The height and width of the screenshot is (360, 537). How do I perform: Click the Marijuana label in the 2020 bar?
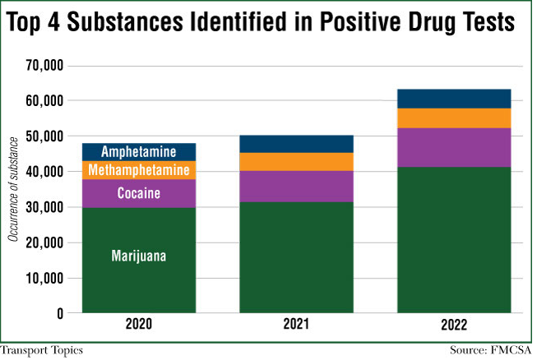[x=138, y=256]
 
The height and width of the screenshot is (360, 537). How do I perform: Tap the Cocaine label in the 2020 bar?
[x=138, y=194]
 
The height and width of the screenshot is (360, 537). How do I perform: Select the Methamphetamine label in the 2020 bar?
[x=138, y=170]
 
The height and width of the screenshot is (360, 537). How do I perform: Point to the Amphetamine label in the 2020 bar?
[x=138, y=152]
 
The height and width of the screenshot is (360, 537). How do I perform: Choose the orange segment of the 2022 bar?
[x=454, y=118]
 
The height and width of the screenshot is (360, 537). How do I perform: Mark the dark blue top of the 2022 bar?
[x=454, y=99]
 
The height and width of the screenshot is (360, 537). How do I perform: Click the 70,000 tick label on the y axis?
[x=45, y=66]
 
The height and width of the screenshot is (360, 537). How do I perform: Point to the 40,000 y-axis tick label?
[x=45, y=172]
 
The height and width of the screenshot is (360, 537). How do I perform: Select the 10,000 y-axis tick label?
[x=45, y=278]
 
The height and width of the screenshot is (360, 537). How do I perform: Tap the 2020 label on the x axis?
[x=138, y=325]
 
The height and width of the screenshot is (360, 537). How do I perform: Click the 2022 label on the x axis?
[x=454, y=325]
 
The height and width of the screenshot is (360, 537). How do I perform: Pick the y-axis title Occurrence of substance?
[x=13, y=188]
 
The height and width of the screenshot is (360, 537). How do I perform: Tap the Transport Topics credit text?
[x=42, y=351]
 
